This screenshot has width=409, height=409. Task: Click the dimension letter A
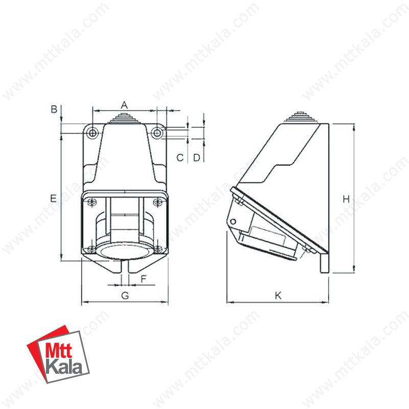click(124, 104)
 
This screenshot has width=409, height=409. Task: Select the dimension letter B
click(53, 109)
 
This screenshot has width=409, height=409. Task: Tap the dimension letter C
click(180, 157)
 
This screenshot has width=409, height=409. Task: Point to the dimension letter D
click(196, 157)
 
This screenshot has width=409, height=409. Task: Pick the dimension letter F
click(144, 279)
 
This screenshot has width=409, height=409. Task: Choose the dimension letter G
click(124, 296)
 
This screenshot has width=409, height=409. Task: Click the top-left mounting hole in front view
click(92, 133)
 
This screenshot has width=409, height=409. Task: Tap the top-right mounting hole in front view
click(157, 133)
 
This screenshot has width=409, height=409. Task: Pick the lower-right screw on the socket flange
click(158, 249)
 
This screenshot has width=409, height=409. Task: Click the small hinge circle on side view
click(234, 221)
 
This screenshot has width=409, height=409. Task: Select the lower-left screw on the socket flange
click(90, 249)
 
